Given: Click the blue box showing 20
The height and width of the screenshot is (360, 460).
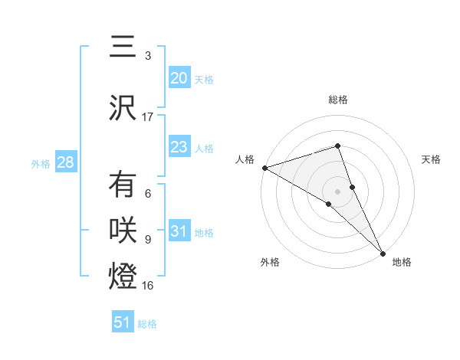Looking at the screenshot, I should click(x=179, y=77).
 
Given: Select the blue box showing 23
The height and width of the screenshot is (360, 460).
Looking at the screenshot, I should click(x=179, y=147).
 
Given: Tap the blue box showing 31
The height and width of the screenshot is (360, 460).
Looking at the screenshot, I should click(x=179, y=231).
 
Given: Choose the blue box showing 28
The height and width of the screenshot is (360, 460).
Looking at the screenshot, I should click(x=65, y=162).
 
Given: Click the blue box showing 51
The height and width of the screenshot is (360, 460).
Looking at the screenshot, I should click(x=123, y=322).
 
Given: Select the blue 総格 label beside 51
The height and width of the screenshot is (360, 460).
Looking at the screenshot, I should click(x=148, y=324).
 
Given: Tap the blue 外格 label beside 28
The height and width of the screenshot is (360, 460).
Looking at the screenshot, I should click(x=41, y=163).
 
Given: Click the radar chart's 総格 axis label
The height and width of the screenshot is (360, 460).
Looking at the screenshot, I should click(x=338, y=100).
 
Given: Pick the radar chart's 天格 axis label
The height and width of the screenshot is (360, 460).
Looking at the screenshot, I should click(x=431, y=159).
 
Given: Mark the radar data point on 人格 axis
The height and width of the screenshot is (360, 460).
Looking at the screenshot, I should click(x=264, y=167).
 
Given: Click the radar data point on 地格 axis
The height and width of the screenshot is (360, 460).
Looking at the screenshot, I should click(x=383, y=252).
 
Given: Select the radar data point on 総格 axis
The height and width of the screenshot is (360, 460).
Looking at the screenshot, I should click(x=338, y=146).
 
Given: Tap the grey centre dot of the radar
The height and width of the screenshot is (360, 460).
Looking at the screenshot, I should click(x=338, y=191).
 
